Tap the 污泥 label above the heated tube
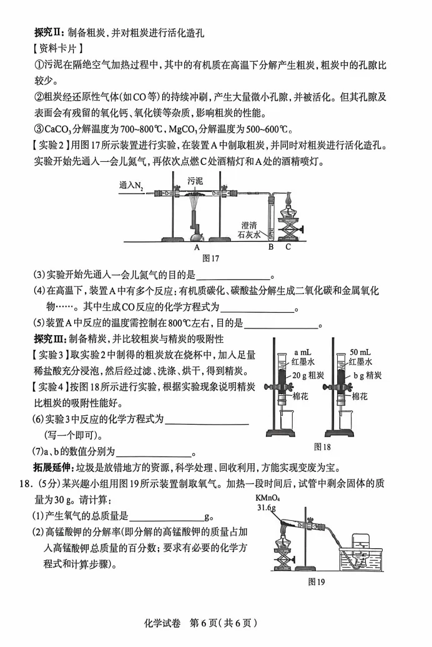pos(195,180)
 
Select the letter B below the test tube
pos(271,247)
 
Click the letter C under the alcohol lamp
pos(288,247)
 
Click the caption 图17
pos(210,257)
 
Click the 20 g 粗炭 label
pos(307,375)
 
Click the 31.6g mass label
pos(267,508)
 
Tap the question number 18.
pos(26,484)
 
